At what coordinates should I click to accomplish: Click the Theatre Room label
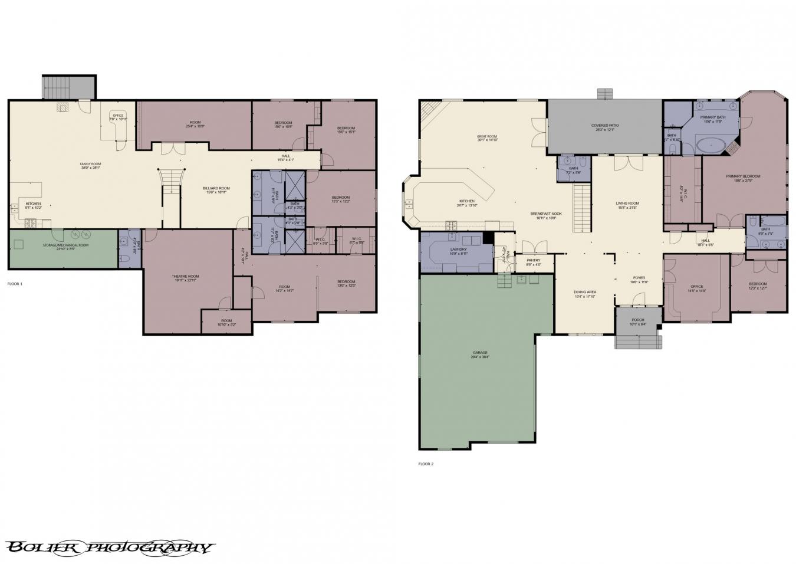185,277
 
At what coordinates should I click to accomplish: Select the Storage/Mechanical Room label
65,245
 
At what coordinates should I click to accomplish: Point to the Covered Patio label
605,126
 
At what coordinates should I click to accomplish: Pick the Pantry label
533,261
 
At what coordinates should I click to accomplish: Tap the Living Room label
628,204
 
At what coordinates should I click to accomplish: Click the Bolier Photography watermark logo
108,547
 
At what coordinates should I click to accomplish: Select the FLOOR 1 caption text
15,284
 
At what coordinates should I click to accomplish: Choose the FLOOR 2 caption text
426,464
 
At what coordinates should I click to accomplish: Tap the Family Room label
91,165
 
